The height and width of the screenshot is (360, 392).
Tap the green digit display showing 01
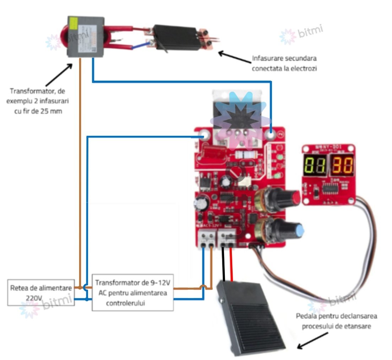[314, 166]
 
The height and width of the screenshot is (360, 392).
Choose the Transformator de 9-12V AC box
[133, 292]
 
